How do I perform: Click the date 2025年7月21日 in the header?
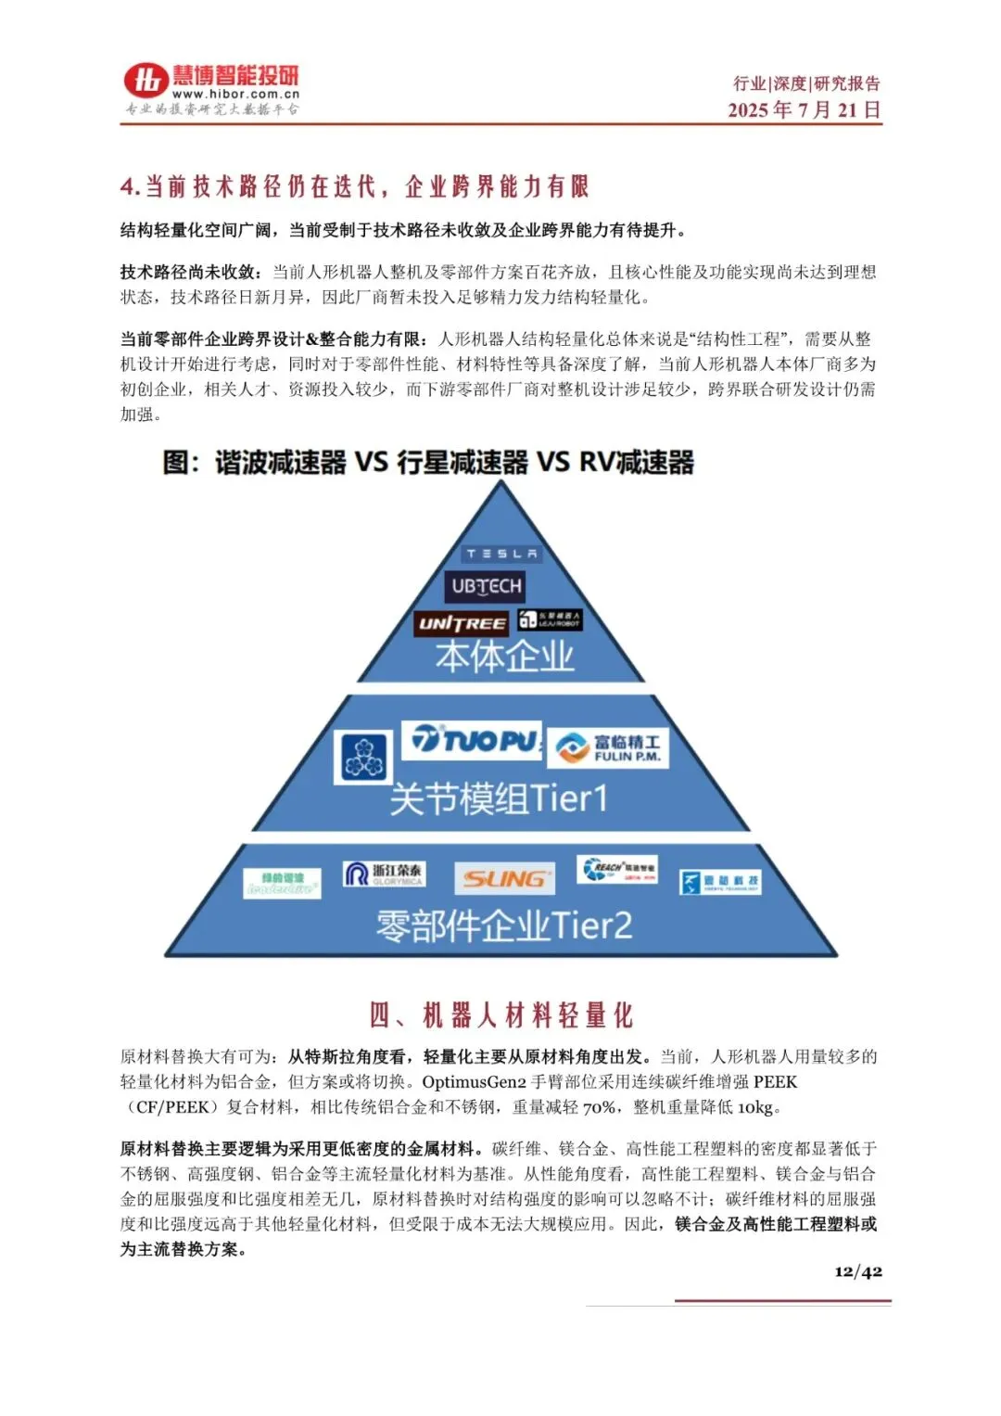(x=804, y=109)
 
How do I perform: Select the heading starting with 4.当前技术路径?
(x=354, y=186)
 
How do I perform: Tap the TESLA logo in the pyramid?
(x=501, y=554)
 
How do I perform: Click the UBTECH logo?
(x=486, y=586)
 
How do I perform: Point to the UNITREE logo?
(x=462, y=623)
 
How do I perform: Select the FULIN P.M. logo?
(x=608, y=747)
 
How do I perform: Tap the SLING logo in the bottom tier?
(x=504, y=878)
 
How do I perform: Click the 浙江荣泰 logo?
(x=384, y=874)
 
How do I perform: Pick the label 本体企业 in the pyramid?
(x=505, y=657)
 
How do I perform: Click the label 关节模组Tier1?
(x=499, y=797)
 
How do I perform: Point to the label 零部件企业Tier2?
(x=503, y=925)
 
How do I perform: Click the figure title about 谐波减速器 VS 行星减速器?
(x=428, y=462)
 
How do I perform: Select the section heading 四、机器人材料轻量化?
(x=500, y=1014)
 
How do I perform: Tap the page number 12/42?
(x=857, y=1271)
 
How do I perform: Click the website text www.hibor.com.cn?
(x=235, y=94)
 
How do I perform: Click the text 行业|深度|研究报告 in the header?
(x=806, y=83)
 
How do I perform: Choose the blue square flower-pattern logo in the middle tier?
(x=363, y=757)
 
